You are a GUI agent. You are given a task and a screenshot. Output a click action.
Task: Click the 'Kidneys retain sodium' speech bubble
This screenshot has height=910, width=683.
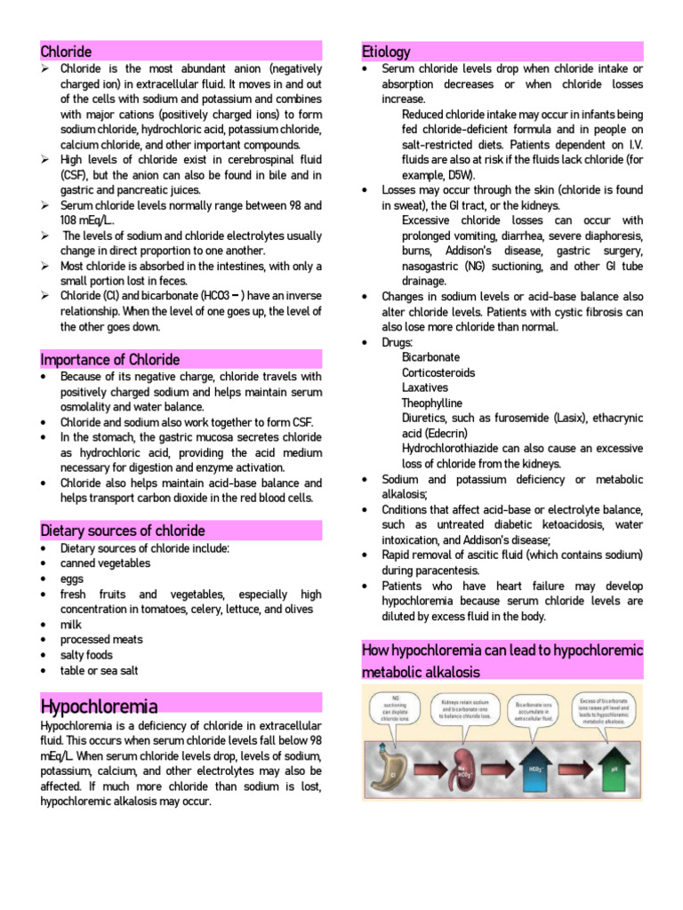pos(468,708)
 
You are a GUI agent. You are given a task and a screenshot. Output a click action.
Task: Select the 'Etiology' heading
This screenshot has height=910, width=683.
pos(386,52)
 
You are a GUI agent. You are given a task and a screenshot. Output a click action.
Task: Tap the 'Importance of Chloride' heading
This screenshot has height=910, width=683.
pos(110,359)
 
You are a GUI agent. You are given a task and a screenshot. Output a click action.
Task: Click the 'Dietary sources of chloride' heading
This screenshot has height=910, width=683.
pos(123,531)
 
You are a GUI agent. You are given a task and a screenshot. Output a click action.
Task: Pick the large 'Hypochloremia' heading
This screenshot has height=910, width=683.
pos(100,706)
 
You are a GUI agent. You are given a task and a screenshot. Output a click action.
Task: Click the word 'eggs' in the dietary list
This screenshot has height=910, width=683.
pos(73,579)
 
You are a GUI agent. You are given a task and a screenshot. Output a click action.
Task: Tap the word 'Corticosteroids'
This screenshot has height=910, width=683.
pos(438,372)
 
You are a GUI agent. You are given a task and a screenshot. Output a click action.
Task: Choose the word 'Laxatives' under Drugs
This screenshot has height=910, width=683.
pos(425,387)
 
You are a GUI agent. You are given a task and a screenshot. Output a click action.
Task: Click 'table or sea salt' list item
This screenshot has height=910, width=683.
pos(99,671)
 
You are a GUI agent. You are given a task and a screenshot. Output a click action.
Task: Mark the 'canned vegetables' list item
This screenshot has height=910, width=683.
pos(105,563)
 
